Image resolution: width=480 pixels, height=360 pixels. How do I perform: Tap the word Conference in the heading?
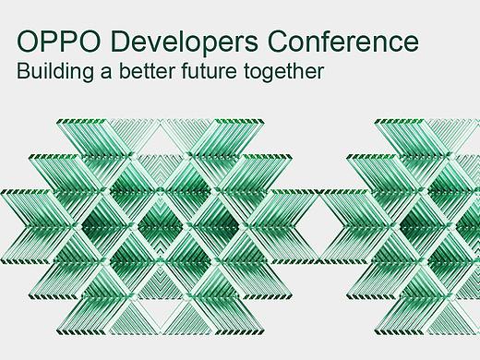pyautogui.click(x=342, y=42)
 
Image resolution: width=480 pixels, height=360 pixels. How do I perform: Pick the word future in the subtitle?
pyautogui.click(x=219, y=71)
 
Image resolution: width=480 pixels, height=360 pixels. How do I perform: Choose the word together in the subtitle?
pyautogui.click(x=288, y=71)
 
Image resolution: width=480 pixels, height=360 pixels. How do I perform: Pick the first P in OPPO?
pyautogui.click(x=49, y=42)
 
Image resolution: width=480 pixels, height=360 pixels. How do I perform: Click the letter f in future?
pyautogui.click(x=198, y=70)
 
